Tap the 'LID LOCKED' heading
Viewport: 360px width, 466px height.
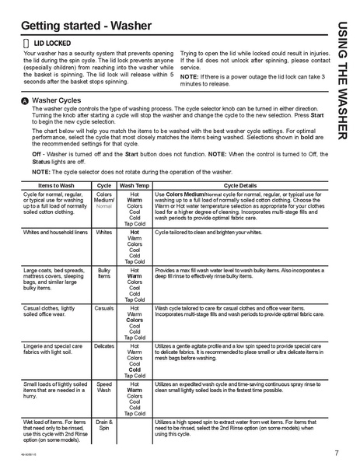[52, 43]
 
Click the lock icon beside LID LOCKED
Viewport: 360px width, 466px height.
[26, 43]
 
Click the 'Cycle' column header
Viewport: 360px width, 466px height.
[103, 186]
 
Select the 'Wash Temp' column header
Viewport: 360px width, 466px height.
[135, 186]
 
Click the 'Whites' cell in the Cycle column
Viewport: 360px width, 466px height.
[103, 233]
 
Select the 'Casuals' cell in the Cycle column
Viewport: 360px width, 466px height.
[103, 307]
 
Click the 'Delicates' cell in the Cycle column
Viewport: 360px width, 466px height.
[103, 346]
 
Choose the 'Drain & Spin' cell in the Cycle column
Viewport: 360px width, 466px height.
[103, 426]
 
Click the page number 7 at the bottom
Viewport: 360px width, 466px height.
[336, 453]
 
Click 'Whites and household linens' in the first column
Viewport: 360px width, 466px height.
[54, 233]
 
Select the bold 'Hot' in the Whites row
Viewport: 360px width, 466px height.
[135, 233]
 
